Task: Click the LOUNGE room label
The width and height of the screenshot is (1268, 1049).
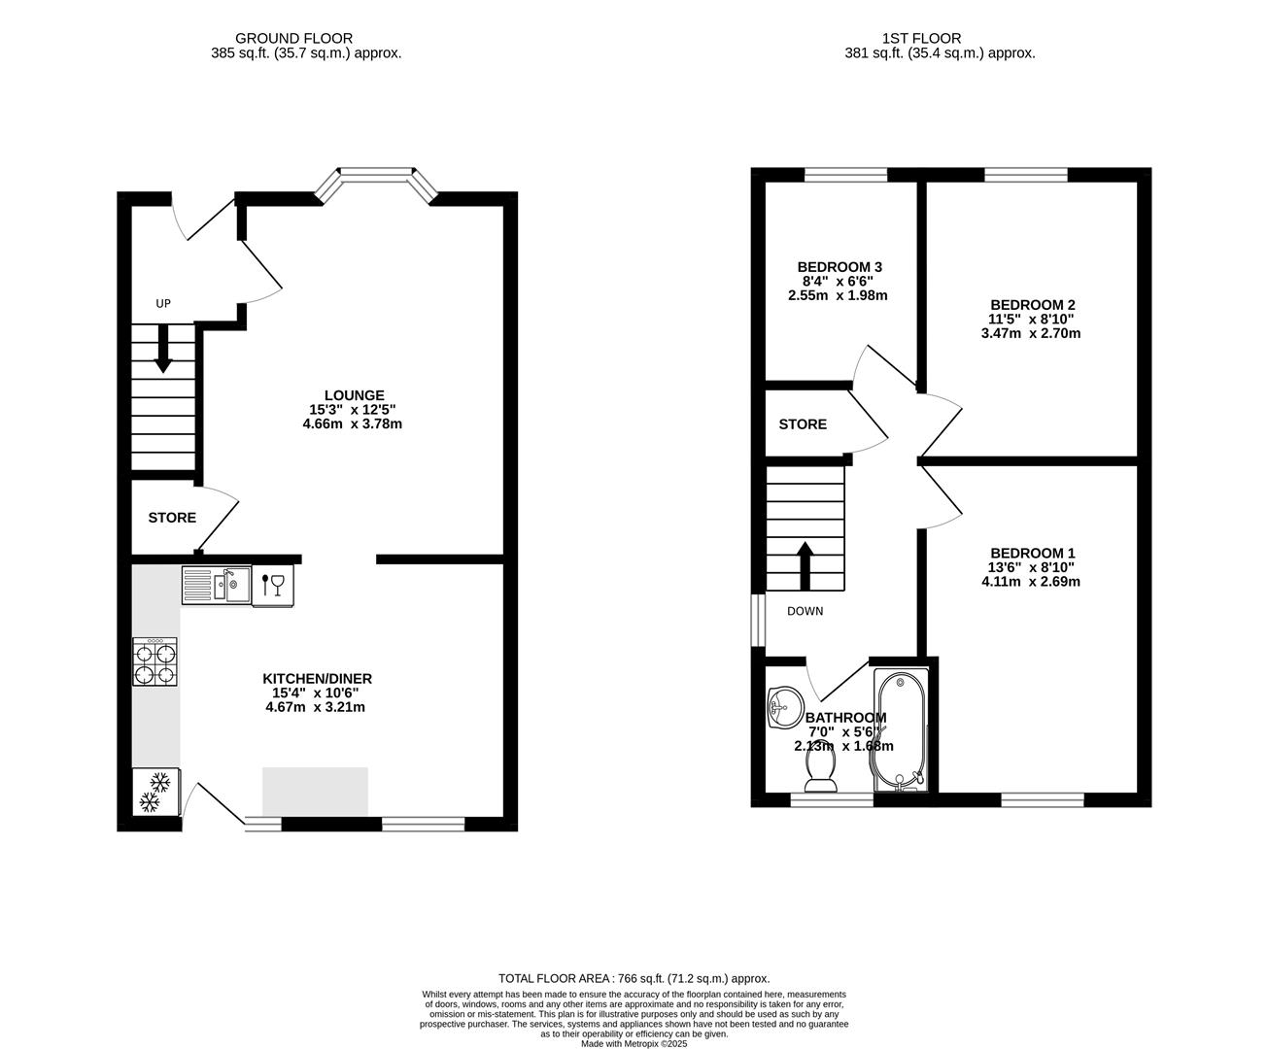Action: [x=354, y=395]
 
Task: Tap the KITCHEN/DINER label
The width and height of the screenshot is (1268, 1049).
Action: [x=317, y=679]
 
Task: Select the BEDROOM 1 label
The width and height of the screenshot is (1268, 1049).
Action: [x=1031, y=553]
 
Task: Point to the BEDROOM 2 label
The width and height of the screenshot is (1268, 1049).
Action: [x=1031, y=305]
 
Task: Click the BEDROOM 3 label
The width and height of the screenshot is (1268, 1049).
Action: [x=840, y=267]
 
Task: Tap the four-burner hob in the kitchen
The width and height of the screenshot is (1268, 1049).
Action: [x=155, y=662]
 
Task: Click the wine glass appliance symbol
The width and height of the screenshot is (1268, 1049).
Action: [x=273, y=585]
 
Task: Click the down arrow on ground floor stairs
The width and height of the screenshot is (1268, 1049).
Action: [x=162, y=349]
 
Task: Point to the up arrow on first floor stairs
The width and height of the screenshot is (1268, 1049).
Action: [x=805, y=565]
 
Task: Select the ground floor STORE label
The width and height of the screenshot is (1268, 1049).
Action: [x=172, y=519]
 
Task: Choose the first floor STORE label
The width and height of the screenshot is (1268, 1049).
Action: [x=803, y=424]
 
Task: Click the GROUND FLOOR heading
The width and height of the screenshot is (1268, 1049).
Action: [x=306, y=39]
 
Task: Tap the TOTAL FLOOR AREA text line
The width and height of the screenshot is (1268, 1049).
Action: [x=634, y=979]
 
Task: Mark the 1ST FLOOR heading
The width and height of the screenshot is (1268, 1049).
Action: [x=921, y=39]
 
